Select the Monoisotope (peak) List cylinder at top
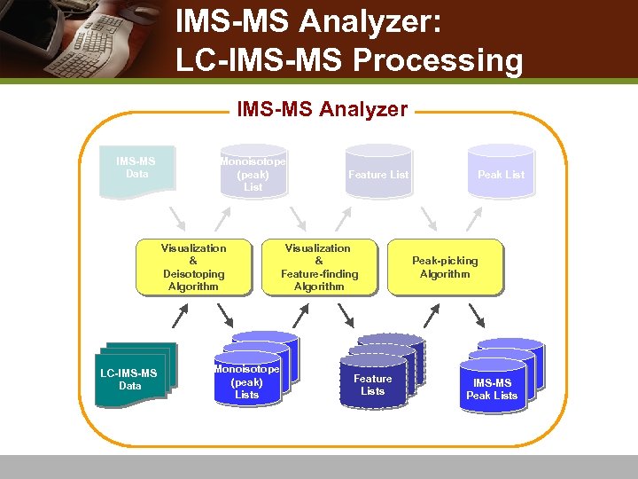click(253, 172)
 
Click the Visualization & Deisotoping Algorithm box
click(193, 267)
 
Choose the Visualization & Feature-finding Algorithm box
click(318, 267)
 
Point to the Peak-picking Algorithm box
click(445, 267)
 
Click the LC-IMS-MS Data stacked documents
click(133, 376)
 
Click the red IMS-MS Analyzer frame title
click(322, 110)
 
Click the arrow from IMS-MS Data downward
click(177, 218)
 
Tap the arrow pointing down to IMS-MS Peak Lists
click(476, 314)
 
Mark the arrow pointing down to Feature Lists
click(351, 314)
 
